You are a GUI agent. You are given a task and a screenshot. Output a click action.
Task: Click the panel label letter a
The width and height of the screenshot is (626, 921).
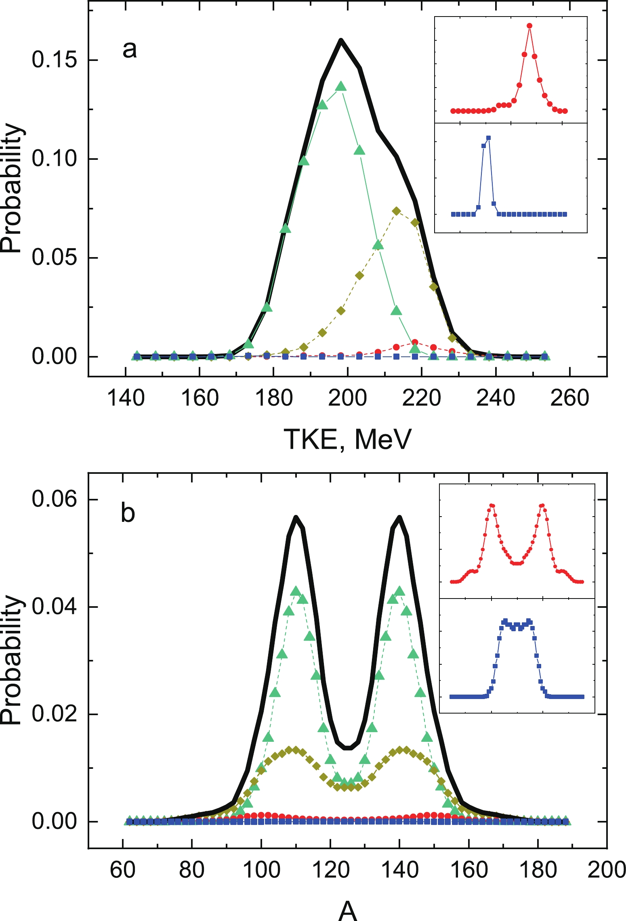[x=130, y=50]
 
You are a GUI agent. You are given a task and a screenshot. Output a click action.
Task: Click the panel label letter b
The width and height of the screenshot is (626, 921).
[x=128, y=514]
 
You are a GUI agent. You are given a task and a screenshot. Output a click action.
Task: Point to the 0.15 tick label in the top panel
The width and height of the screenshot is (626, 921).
[x=54, y=60]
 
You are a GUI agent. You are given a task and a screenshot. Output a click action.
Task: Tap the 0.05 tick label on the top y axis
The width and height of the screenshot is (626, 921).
[x=54, y=257]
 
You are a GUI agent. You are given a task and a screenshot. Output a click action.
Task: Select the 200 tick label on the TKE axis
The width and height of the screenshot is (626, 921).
[x=347, y=398]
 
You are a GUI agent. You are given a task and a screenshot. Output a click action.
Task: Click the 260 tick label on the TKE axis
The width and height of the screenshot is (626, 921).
[x=569, y=398]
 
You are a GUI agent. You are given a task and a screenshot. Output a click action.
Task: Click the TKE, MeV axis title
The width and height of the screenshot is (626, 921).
[x=347, y=439]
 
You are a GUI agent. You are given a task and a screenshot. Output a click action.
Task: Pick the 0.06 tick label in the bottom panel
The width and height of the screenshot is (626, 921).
[x=54, y=499]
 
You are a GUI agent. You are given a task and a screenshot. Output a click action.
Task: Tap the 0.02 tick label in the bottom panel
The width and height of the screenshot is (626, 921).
[x=54, y=714]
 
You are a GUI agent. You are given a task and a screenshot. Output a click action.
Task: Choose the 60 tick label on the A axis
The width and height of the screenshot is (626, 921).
[x=122, y=869]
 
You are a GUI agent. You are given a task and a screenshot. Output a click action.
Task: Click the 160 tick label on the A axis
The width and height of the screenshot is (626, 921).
[x=468, y=869]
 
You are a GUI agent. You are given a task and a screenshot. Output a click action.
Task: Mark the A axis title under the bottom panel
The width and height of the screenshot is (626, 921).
[x=348, y=911]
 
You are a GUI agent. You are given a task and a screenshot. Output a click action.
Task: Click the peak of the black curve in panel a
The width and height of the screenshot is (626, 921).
[x=341, y=40]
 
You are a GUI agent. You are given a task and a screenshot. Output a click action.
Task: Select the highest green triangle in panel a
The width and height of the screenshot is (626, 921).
[x=341, y=86]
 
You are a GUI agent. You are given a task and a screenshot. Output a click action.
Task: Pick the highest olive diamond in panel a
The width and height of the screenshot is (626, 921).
[x=397, y=211]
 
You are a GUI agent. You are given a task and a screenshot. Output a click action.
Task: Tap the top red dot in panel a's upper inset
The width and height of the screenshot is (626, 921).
[x=529, y=26]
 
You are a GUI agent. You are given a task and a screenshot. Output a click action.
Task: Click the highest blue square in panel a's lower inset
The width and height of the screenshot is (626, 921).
[x=489, y=138]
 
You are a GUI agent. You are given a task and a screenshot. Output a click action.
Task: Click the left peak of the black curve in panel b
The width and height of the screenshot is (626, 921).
[x=296, y=517]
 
